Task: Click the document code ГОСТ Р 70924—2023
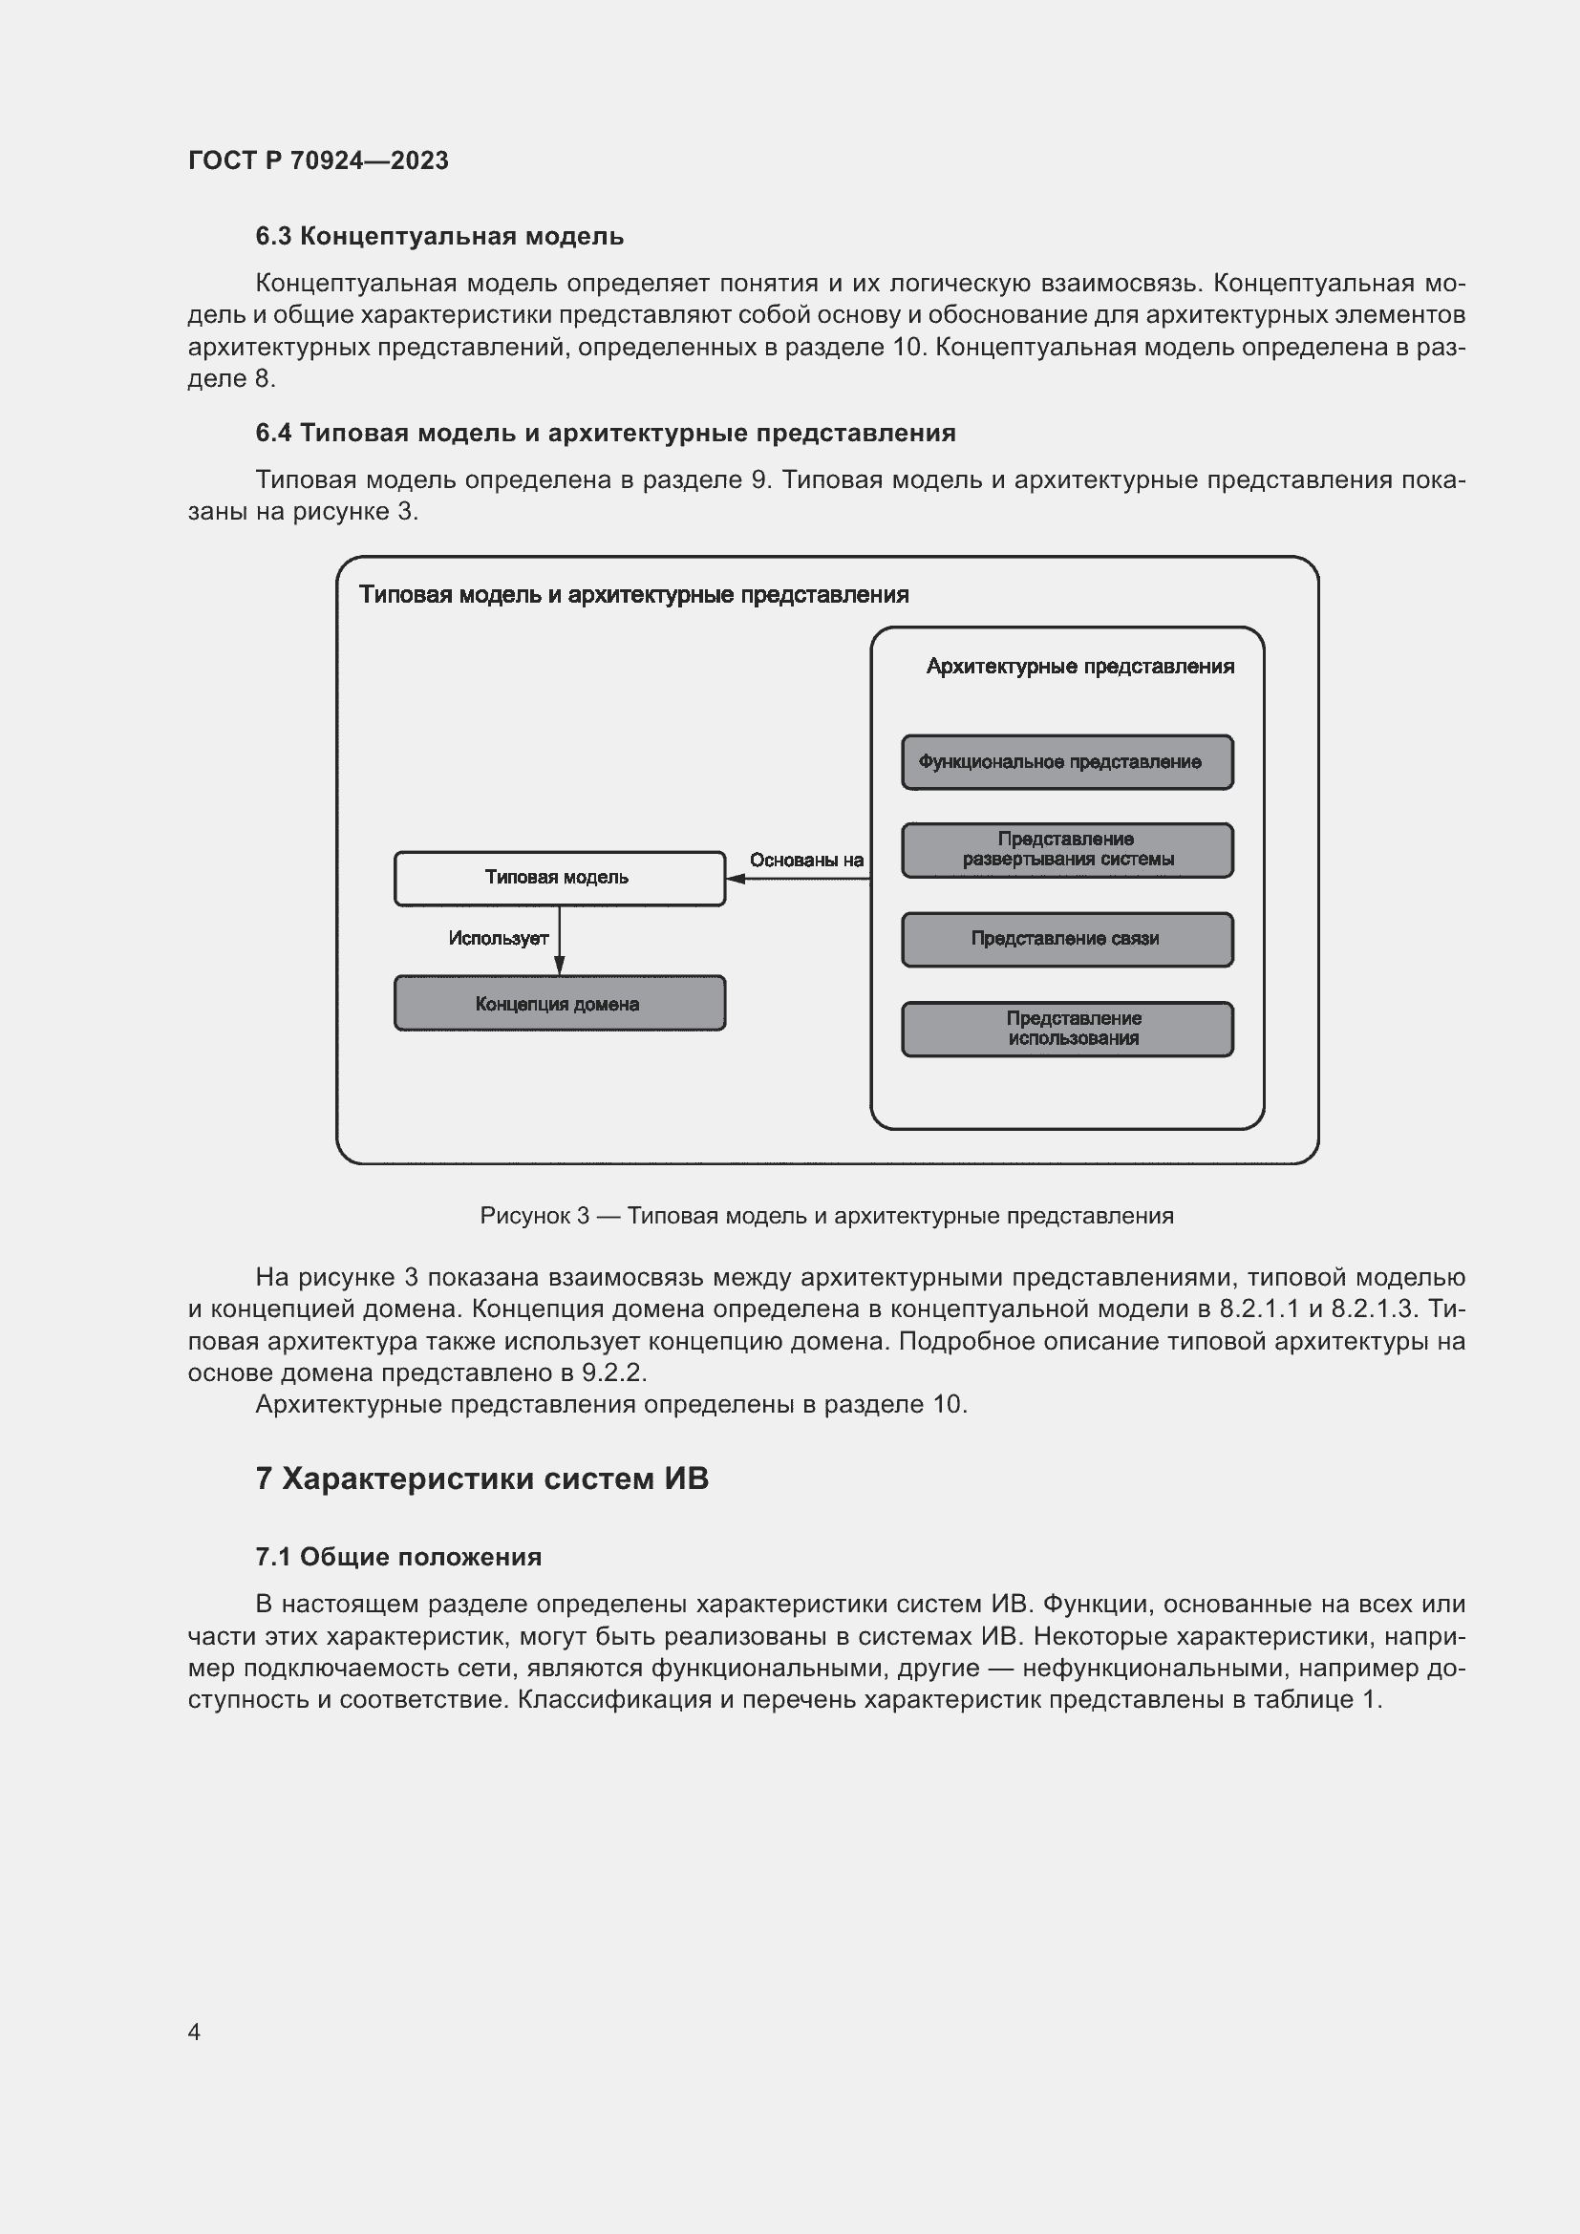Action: coord(318,160)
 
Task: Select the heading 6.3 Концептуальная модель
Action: coord(438,237)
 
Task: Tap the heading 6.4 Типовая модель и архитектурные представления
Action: coord(605,433)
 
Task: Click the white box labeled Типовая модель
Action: coord(559,878)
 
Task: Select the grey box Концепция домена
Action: coord(559,1003)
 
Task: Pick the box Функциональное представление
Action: coord(1066,762)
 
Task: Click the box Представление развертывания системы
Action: coord(1066,849)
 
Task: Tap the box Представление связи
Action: coord(1066,939)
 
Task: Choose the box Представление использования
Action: coord(1066,1029)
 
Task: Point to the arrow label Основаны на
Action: coord(805,861)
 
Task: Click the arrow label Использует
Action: coord(498,938)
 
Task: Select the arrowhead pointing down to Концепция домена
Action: coord(560,966)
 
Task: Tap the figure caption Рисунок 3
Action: coord(826,1215)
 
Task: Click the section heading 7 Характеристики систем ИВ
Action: coord(481,1478)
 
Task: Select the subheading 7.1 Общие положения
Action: coord(398,1557)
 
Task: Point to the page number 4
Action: coord(194,2032)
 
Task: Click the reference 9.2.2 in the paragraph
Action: coord(613,1372)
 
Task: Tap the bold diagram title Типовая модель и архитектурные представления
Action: coord(633,594)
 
